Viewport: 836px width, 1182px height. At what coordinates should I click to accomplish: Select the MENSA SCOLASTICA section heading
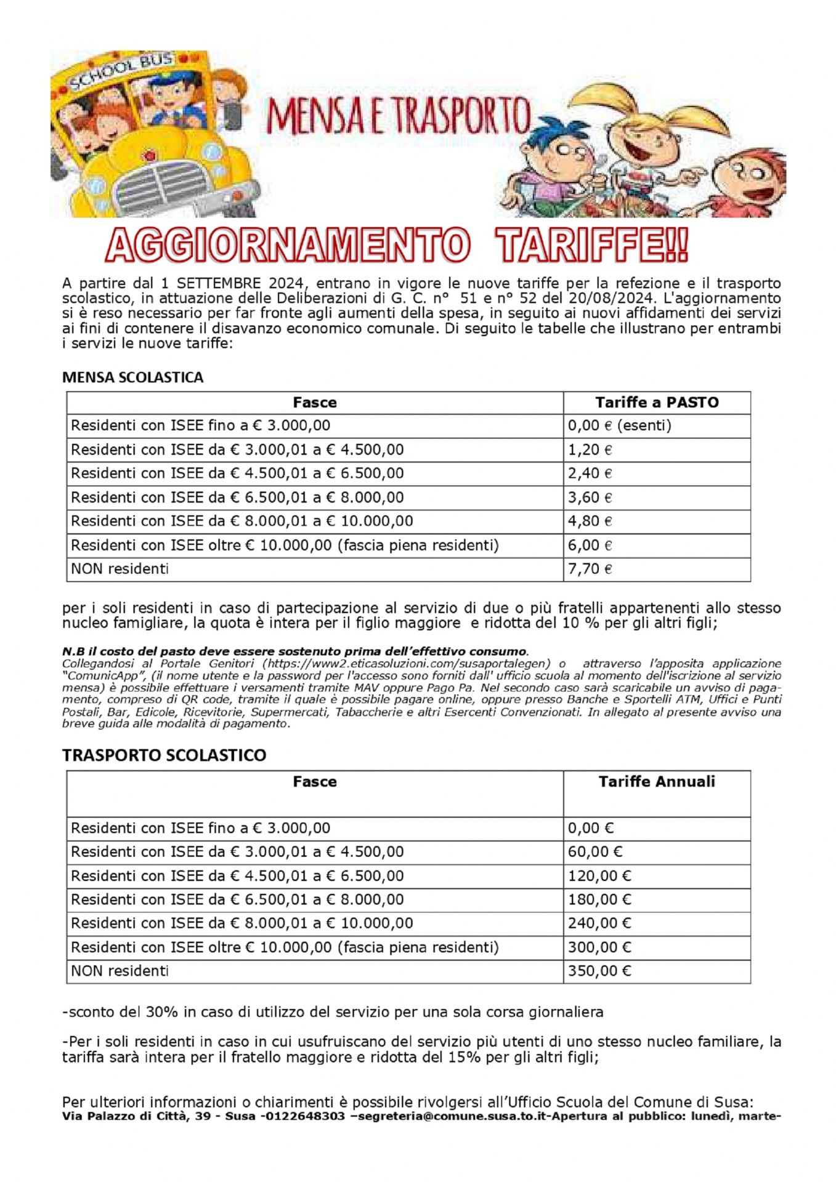[x=132, y=377]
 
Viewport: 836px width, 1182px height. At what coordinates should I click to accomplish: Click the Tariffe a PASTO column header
[x=657, y=403]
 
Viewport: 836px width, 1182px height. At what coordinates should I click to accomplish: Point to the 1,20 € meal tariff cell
[x=590, y=450]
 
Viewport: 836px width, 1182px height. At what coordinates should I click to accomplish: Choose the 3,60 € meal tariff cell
[x=590, y=497]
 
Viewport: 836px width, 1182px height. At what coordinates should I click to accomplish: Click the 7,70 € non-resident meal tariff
[x=590, y=569]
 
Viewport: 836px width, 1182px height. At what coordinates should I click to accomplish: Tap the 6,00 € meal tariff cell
[x=590, y=545]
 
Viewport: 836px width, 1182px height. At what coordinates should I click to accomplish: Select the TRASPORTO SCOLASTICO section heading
[x=164, y=755]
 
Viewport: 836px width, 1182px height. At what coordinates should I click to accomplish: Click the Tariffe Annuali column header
[x=657, y=782]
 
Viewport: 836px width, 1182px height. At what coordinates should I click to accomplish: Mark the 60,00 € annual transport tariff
[x=595, y=852]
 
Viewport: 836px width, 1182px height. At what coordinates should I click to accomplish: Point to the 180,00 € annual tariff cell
[x=599, y=899]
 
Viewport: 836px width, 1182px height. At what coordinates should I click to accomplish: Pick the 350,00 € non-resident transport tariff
[x=599, y=971]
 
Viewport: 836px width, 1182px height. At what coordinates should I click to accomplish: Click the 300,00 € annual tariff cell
[x=599, y=947]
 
